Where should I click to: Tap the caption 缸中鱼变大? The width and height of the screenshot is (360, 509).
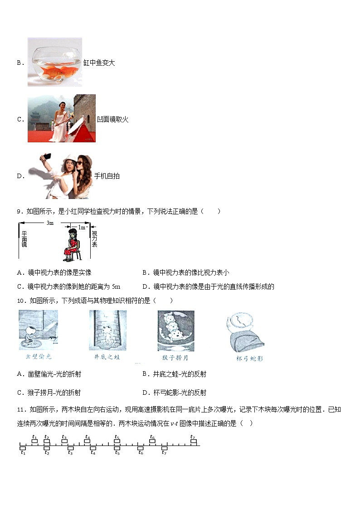pyautogui.click(x=99, y=63)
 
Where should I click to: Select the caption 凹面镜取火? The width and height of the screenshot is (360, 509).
pyautogui.click(x=113, y=119)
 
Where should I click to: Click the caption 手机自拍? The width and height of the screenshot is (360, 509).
pyautogui.click(x=107, y=176)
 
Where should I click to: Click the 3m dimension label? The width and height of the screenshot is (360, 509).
pyautogui.click(x=50, y=223)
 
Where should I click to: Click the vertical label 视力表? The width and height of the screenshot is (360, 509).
pyautogui.click(x=94, y=239)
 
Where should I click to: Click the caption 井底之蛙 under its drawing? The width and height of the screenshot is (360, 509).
pyautogui.click(x=107, y=357)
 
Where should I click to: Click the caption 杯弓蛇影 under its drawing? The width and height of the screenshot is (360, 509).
pyautogui.click(x=247, y=358)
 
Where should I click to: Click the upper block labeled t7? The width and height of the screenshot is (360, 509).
pyautogui.click(x=194, y=441)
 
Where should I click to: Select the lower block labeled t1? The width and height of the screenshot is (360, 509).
pyautogui.click(x=23, y=448)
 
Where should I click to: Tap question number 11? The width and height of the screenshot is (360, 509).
pyautogui.click(x=20, y=410)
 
